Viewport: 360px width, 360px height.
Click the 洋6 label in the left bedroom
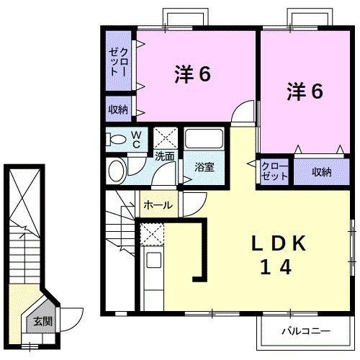click(x=192, y=74)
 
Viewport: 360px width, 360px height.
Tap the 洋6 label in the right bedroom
click(x=305, y=91)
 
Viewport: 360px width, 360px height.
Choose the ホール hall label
click(x=158, y=205)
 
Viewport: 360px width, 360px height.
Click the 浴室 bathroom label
click(x=204, y=167)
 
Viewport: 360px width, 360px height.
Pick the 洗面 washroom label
click(x=164, y=156)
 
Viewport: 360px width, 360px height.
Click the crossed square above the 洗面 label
click(x=166, y=137)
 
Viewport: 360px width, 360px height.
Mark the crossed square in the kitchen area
click(x=152, y=233)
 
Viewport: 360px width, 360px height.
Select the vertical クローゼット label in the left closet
click(x=120, y=62)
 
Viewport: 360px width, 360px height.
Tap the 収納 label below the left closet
click(x=119, y=109)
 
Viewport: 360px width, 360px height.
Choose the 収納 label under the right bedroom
click(x=321, y=171)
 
